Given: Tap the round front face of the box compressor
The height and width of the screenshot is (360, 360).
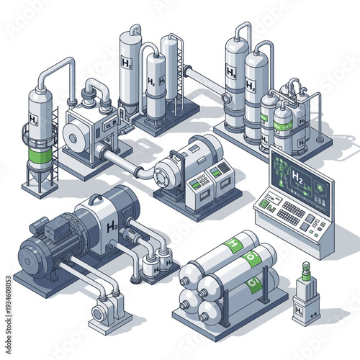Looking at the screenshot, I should coord(75,135).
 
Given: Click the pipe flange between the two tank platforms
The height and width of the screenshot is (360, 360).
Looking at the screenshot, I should coord(189,73).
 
